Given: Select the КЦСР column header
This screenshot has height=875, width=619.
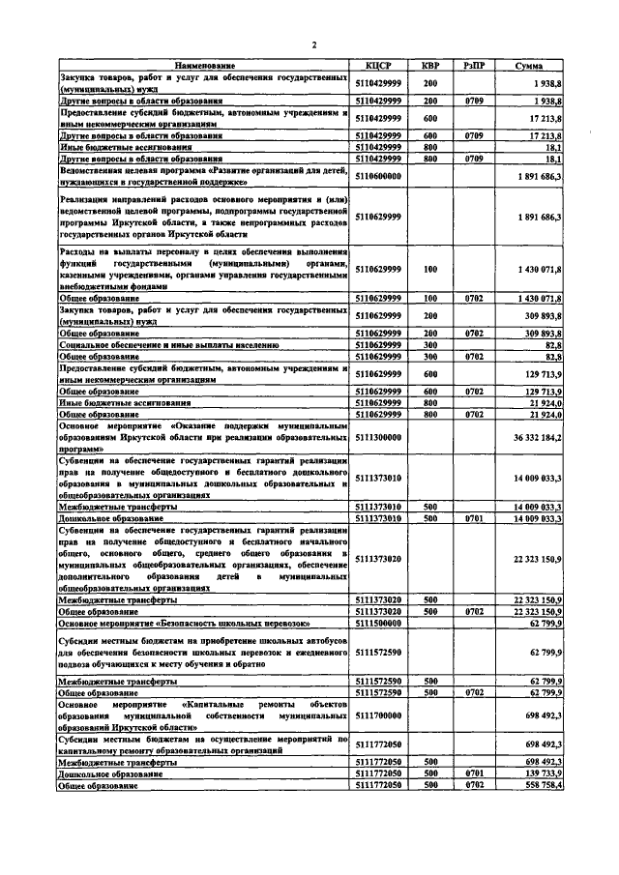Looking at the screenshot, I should pos(378,65).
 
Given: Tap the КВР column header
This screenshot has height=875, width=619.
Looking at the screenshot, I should pos(431,65).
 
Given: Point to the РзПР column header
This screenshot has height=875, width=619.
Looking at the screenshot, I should pos(473,65).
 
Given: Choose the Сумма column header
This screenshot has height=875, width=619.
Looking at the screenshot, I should pos(528,65).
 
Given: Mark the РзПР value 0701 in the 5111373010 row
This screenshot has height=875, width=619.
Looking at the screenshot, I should pos(473,518).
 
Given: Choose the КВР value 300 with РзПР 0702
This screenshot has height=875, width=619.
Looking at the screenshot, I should pos(431,356).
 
